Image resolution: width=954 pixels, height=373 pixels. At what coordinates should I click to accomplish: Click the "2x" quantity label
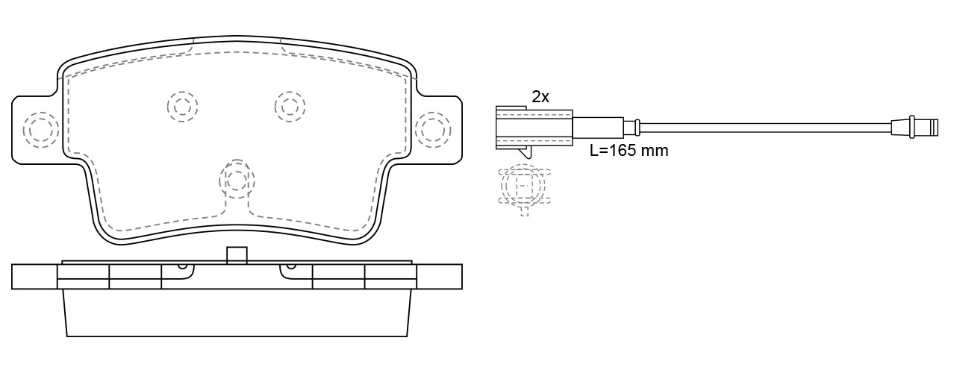pyautogui.click(x=540, y=96)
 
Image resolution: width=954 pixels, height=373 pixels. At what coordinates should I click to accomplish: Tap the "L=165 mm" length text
pyautogui.click(x=629, y=151)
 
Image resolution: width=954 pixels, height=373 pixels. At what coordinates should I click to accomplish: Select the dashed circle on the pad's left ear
pyautogui.click(x=40, y=129)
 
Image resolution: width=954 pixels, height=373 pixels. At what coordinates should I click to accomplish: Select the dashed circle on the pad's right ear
pyautogui.click(x=433, y=129)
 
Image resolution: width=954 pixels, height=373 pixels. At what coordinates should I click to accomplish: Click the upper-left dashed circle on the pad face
pyautogui.click(x=182, y=106)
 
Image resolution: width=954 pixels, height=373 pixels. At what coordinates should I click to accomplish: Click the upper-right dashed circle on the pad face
pyautogui.click(x=290, y=106)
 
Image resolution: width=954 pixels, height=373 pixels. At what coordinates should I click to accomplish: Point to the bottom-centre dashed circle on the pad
pyautogui.click(x=237, y=179)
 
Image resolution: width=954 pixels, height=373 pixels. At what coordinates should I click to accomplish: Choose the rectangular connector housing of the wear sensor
pyautogui.click(x=534, y=126)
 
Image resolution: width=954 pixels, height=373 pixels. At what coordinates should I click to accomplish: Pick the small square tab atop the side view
pyautogui.click(x=237, y=255)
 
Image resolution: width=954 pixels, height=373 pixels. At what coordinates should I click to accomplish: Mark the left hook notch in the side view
pyautogui.click(x=181, y=266)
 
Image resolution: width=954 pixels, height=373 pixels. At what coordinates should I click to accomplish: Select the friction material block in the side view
pyautogui.click(x=237, y=313)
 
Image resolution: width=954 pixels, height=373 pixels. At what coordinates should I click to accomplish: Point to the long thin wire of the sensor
pyautogui.click(x=761, y=126)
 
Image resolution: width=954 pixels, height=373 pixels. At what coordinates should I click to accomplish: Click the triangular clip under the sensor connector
pyautogui.click(x=525, y=153)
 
